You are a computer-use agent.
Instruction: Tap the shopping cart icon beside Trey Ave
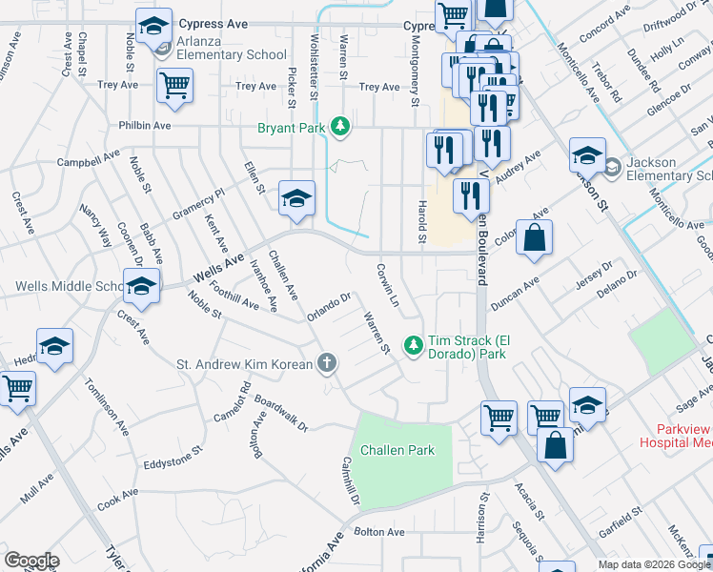click(174, 85)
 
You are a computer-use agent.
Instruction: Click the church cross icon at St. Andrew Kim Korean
click(326, 363)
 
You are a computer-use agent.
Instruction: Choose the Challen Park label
click(394, 450)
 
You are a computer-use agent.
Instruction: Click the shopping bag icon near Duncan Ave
click(535, 239)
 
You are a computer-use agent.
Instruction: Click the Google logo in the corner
click(31, 561)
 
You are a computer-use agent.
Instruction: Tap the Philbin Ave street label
click(145, 126)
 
